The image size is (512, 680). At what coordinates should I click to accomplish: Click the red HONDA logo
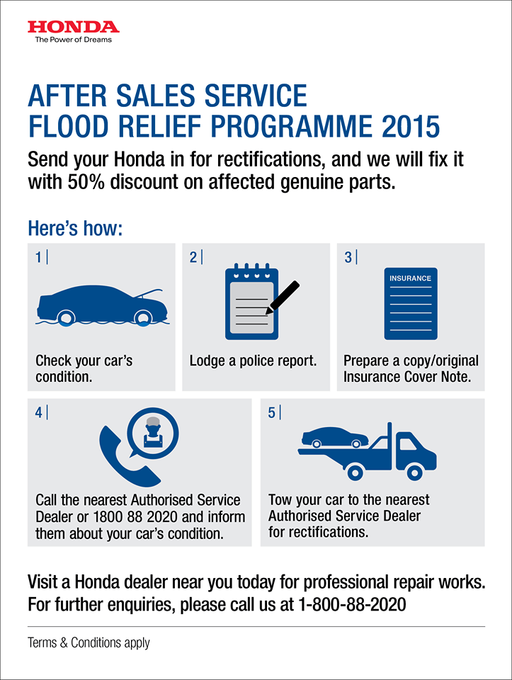pyautogui.click(x=74, y=27)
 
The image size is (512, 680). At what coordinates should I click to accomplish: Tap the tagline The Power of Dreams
pyautogui.click(x=74, y=40)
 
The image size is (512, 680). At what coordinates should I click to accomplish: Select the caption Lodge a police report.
pyautogui.click(x=253, y=360)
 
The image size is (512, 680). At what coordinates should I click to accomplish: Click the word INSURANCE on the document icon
pyautogui.click(x=410, y=278)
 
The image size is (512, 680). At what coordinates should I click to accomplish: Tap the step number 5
pyautogui.click(x=272, y=412)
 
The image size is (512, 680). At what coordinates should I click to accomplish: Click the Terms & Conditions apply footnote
pyautogui.click(x=89, y=643)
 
